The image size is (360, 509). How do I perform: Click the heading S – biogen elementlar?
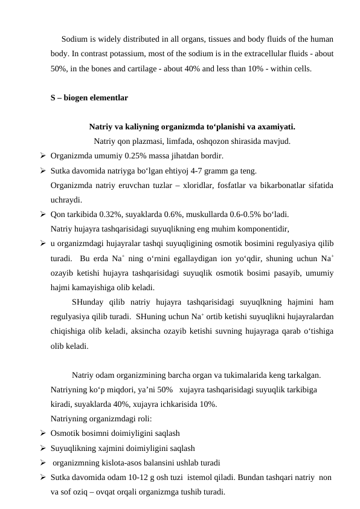pos(89,97)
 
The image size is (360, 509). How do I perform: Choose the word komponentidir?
pos(262,229)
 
